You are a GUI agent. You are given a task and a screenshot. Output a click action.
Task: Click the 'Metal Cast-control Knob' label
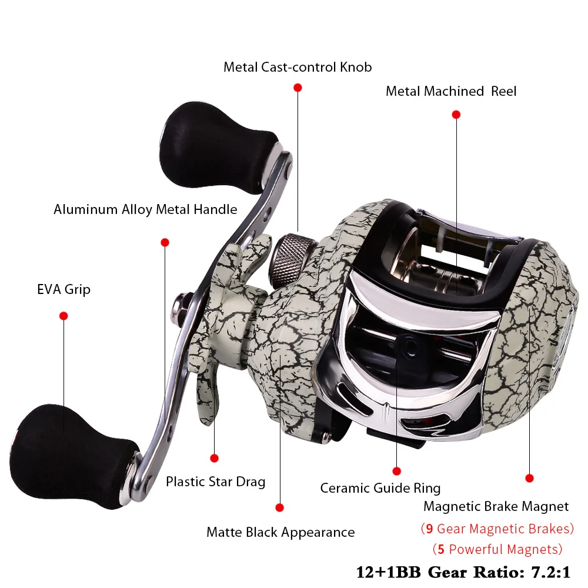pos(298,67)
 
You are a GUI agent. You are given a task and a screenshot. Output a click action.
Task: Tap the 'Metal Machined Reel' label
pos(451,91)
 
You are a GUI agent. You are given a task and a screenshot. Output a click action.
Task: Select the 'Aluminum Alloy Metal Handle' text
pos(145,209)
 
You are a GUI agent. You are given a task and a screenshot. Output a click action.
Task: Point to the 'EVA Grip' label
pos(64,289)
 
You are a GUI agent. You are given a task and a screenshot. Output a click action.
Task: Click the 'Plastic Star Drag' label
pos(215,482)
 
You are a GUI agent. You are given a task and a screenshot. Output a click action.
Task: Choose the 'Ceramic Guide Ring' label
pos(380,487)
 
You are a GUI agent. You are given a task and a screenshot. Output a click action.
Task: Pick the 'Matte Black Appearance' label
pos(280,532)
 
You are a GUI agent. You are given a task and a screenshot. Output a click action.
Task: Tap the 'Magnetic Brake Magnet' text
pos(496,506)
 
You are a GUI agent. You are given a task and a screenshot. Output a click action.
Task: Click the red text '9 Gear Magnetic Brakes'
pos(497,528)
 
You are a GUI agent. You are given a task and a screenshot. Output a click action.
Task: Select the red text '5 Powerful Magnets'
pos(497,549)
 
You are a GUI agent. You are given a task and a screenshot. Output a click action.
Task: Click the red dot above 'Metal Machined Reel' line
pos(456,115)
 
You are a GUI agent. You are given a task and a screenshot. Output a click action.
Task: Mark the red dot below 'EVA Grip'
pos(64,316)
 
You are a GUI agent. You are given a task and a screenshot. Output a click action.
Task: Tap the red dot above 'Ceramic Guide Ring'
pos(396,470)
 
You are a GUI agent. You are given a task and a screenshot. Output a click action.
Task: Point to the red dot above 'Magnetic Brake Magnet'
pos(529,478)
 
